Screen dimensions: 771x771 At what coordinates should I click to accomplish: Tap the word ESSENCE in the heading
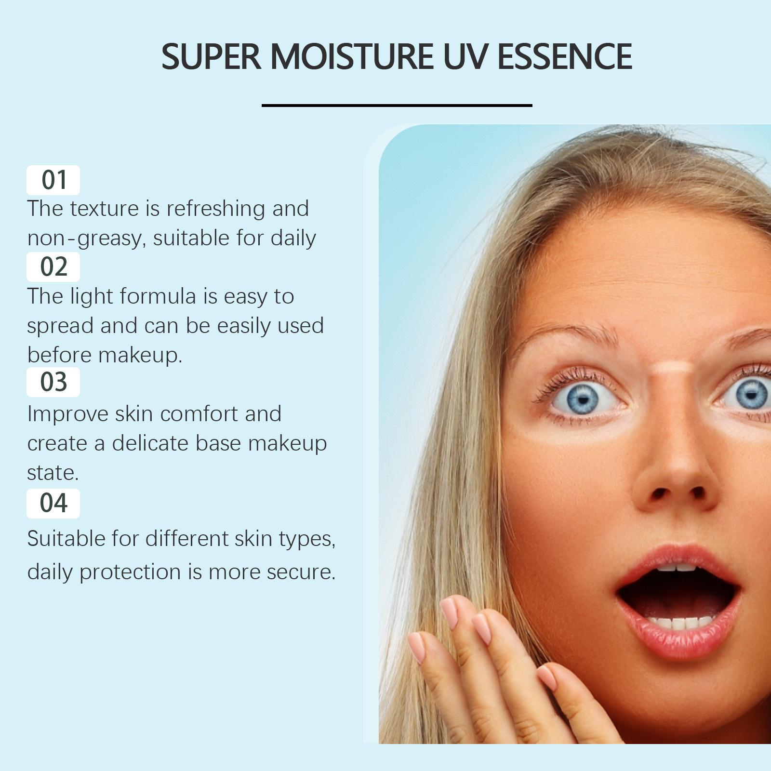[x=564, y=56]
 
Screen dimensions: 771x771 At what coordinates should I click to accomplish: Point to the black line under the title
[x=397, y=105]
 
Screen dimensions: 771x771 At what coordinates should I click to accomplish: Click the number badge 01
[x=53, y=180]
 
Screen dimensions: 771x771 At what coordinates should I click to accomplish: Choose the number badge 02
[x=53, y=266]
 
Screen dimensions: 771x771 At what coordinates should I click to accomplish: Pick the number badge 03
[x=53, y=382]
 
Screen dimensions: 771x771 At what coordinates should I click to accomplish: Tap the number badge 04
[x=53, y=503]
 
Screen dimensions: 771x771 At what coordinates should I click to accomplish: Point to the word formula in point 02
[x=159, y=296]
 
